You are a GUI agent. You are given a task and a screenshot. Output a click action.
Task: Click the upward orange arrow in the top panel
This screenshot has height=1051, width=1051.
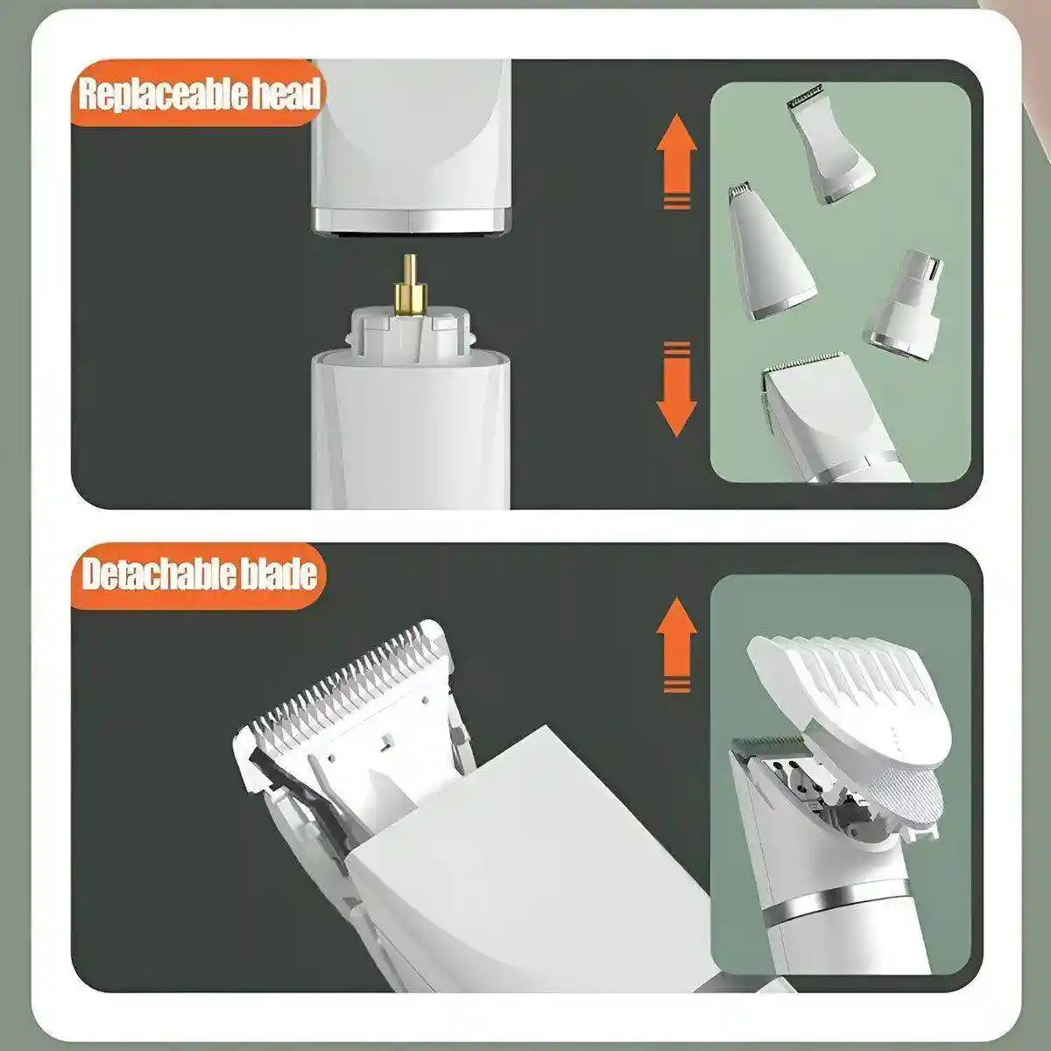click(x=676, y=161)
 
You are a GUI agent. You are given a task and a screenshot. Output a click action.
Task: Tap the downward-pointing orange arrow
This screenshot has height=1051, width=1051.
click(x=676, y=390)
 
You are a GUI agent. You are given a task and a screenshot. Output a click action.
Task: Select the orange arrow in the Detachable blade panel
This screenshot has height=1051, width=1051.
click(x=676, y=645)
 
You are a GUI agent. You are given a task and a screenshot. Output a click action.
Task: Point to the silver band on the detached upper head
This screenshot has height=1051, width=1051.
click(x=412, y=220)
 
